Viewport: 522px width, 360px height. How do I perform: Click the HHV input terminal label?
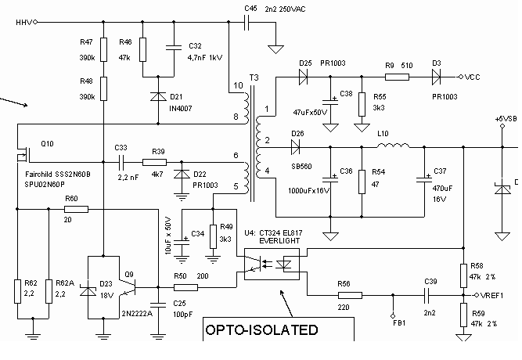(24, 23)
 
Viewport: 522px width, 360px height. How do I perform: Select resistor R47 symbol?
(104, 49)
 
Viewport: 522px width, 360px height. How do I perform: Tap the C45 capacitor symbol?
(247, 23)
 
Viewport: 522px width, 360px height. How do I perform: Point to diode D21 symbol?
(158, 96)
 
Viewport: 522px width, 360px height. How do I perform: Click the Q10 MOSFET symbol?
(23, 154)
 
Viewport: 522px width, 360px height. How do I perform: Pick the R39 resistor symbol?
(154, 162)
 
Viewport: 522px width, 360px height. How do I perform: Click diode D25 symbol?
(303, 77)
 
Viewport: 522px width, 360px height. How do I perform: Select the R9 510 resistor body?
(397, 77)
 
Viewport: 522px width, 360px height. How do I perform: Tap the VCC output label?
(473, 77)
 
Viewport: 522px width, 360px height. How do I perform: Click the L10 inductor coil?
(393, 146)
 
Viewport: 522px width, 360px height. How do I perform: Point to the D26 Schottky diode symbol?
(295, 147)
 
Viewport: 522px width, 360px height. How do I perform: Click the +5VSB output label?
(506, 119)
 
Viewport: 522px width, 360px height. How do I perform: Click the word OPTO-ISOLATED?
(261, 329)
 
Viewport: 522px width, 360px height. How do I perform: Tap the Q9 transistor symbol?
(129, 287)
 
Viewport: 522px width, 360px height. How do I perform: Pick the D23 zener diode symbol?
(88, 291)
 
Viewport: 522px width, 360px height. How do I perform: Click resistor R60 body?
(76, 209)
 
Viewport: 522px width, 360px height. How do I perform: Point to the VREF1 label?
(492, 295)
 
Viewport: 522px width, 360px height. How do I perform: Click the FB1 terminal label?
(399, 322)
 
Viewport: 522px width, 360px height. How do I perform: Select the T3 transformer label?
(254, 77)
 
